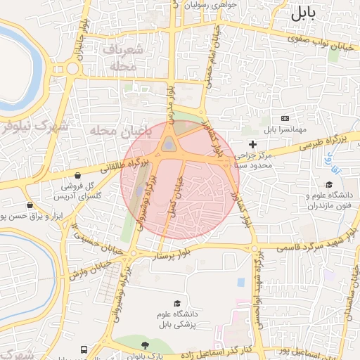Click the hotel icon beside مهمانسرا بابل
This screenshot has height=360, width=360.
coord(285,118)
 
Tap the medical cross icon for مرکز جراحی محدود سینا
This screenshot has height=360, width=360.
coord(252,144)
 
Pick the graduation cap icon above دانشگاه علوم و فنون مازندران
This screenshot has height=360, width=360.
coord(309,184)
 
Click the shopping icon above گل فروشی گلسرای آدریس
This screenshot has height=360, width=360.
coord(77,175)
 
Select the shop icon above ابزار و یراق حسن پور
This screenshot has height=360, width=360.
coord(29,205)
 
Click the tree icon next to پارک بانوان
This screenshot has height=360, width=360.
coord(146,345)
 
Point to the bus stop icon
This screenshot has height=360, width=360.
coord(84,349)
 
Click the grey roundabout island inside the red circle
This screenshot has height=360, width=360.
coord(170,145)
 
